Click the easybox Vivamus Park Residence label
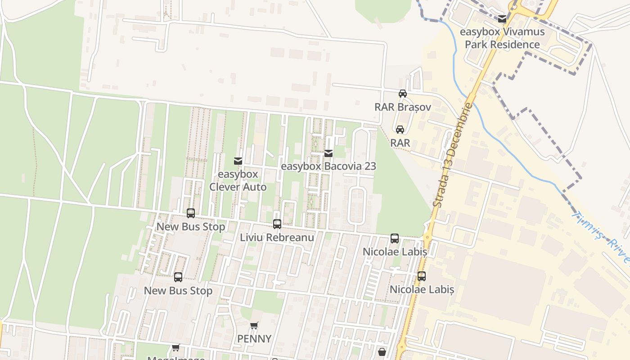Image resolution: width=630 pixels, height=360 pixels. point(502,38)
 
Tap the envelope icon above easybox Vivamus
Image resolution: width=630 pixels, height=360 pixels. point(502,19)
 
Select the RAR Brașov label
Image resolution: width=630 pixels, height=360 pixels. point(403,107)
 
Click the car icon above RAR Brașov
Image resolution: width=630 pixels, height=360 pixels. point(403,94)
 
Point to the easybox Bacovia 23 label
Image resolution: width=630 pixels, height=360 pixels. point(328,166)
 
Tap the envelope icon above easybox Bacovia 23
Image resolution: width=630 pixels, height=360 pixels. point(328,153)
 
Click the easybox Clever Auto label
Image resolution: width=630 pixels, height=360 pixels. point(238,180)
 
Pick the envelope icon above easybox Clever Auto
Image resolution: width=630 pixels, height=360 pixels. point(238,161)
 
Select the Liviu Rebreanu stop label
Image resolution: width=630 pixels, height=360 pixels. point(277,237)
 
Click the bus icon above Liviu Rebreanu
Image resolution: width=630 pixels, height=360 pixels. point(277,224)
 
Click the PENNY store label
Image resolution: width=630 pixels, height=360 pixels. point(254,339)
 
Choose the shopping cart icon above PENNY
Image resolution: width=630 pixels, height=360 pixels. point(254,325)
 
